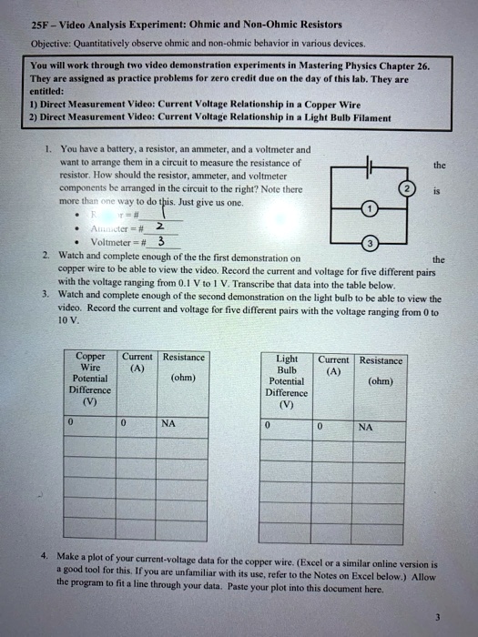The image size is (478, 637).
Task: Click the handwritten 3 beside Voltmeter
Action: [161, 241]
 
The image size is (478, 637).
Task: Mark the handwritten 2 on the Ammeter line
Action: [159, 226]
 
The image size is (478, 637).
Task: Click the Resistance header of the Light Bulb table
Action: [381, 361]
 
